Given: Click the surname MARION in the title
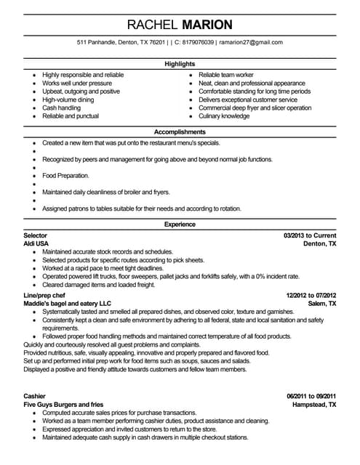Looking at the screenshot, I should [207, 24].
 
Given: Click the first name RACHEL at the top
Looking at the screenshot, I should [151, 24].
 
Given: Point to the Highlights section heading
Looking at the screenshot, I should [180, 64].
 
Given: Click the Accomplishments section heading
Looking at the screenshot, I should [180, 133].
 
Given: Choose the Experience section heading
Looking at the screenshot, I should [180, 225].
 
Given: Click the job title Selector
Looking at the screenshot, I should [36, 236].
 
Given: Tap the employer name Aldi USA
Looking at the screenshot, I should [38, 245].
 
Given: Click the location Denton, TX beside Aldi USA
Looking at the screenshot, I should [319, 245].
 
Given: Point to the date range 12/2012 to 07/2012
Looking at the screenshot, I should [310, 296].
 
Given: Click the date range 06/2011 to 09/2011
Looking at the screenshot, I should [311, 395].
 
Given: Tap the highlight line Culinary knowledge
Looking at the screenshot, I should [224, 116].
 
